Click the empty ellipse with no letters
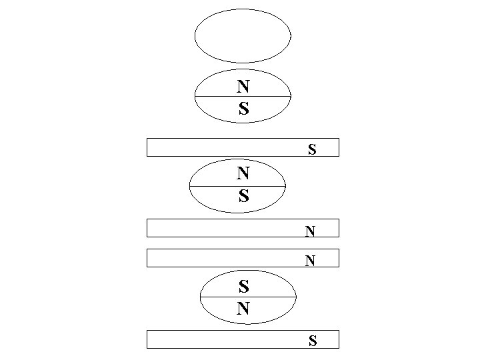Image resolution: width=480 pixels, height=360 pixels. [243, 36]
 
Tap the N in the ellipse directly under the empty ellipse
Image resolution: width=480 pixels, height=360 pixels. [243, 86]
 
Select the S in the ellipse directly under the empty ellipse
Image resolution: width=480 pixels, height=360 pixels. [243, 109]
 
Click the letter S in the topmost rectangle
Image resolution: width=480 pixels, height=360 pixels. [312, 149]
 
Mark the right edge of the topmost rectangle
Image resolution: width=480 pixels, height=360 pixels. [339, 147]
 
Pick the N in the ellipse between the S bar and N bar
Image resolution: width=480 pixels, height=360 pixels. [243, 173]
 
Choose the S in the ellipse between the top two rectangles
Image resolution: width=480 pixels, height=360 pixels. [243, 196]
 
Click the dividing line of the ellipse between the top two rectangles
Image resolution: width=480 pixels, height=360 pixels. [213, 186]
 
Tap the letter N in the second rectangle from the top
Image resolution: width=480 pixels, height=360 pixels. [310, 231]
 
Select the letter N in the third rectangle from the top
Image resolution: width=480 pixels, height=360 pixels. [310, 261]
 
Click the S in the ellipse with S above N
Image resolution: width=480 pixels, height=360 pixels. [244, 287]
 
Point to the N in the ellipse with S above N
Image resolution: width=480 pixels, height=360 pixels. [244, 309]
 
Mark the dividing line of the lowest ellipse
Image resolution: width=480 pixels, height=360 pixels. [220, 297]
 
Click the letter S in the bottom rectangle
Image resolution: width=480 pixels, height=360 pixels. [312, 342]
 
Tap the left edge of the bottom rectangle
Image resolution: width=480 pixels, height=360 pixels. [147, 339]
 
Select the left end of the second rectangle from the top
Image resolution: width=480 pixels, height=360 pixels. [147, 228]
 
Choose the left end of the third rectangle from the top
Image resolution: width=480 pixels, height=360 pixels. [147, 258]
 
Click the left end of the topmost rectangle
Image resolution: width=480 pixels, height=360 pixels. [147, 147]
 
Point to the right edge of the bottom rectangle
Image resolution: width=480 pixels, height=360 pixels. [339, 339]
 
